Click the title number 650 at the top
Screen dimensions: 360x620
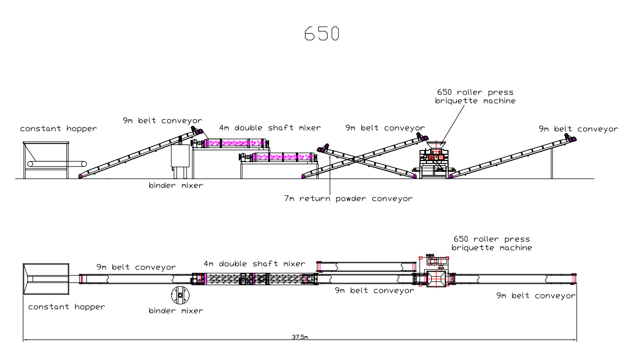click(x=322, y=33)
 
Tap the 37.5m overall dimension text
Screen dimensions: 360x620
click(x=300, y=337)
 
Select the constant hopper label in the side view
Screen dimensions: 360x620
click(x=58, y=129)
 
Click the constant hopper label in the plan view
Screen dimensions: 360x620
click(x=66, y=307)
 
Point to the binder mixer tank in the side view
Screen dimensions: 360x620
click(x=181, y=157)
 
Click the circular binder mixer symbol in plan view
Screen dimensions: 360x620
click(x=180, y=294)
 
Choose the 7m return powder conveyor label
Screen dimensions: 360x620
click(x=348, y=199)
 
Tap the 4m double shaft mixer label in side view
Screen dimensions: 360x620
click(x=270, y=128)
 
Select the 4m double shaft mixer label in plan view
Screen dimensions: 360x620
click(x=254, y=264)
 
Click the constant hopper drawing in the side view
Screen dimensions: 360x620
click(x=46, y=159)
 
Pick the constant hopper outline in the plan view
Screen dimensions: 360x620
click(x=46, y=279)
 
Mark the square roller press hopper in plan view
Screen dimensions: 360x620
click(x=437, y=279)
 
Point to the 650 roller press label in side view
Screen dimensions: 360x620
click(x=475, y=96)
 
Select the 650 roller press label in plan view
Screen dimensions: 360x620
click(x=492, y=243)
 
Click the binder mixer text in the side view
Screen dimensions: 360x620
click(x=175, y=186)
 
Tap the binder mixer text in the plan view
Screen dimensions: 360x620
click(x=175, y=311)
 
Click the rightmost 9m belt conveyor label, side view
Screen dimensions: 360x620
click(x=578, y=129)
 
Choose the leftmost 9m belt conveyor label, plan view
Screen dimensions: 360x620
click(x=136, y=267)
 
